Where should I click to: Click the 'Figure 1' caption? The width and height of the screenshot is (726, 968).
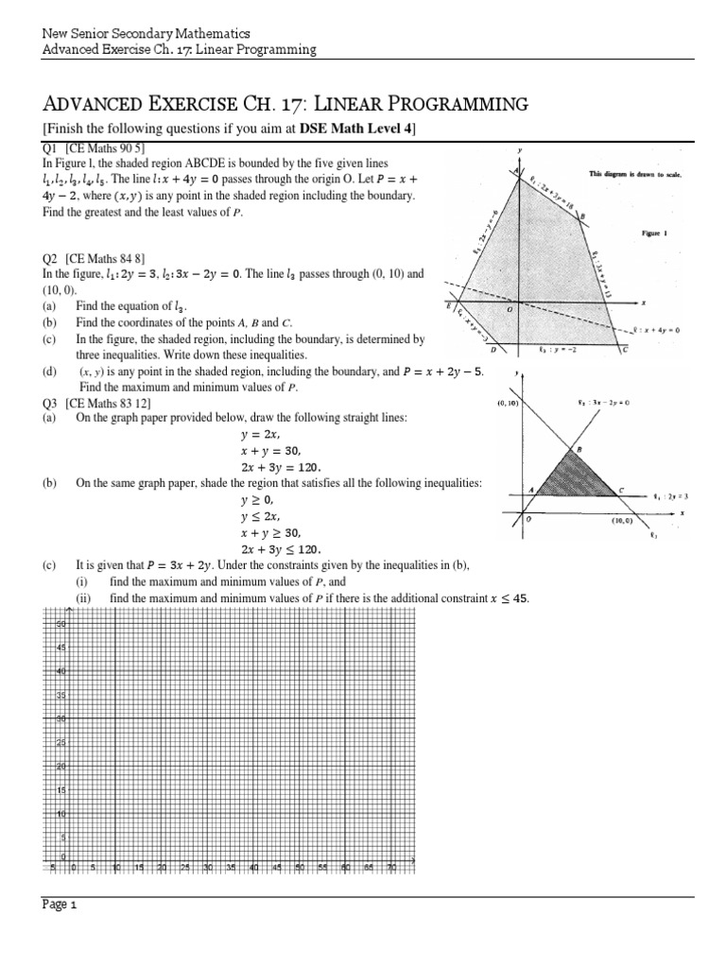point(654,233)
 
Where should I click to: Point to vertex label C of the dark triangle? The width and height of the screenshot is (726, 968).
point(620,490)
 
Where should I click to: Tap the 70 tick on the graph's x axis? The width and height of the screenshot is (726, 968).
point(391,866)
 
